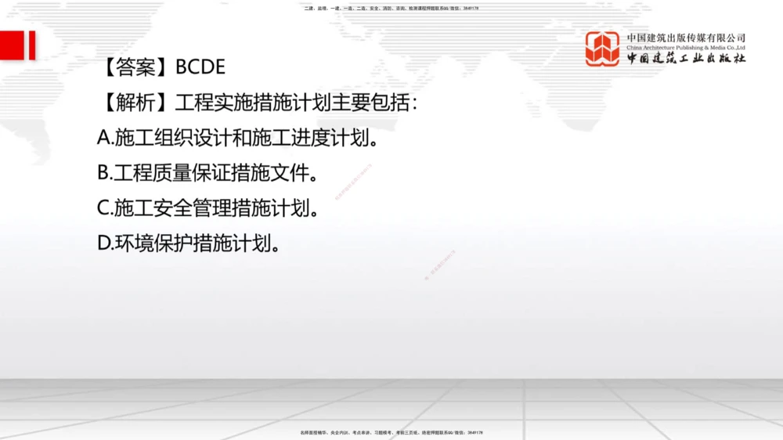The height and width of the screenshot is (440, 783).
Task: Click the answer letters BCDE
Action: (x=200, y=67)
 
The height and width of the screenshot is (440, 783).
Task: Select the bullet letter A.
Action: (x=104, y=139)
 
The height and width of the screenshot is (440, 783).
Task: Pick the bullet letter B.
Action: (x=104, y=173)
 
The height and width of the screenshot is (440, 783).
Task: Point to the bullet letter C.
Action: (x=104, y=208)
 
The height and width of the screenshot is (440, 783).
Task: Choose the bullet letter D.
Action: (x=104, y=243)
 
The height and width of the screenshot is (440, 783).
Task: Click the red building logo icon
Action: (x=602, y=49)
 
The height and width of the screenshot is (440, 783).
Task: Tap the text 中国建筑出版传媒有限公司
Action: (x=686, y=38)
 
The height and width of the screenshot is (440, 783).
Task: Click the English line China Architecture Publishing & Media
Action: (x=686, y=47)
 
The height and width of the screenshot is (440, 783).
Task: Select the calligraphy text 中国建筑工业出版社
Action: (x=686, y=59)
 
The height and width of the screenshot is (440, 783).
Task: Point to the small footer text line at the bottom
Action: (x=391, y=432)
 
